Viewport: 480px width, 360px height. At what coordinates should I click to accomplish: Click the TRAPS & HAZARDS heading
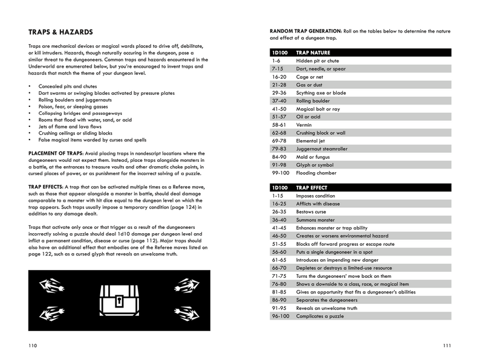pyautogui.click(x=60, y=31)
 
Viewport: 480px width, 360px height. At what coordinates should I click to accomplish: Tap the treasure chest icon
pyautogui.click(x=120, y=300)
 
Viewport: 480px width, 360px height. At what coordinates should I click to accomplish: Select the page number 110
pyautogui.click(x=33, y=345)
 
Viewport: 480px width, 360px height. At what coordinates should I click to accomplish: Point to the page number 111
pyautogui.click(x=447, y=345)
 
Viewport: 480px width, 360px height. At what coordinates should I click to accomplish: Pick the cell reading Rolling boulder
pyautogui.click(x=313, y=101)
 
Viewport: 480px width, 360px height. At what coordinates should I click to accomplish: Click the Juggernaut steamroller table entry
pyautogui.click(x=322, y=149)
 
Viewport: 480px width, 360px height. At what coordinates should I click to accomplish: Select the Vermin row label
pyautogui.click(x=305, y=124)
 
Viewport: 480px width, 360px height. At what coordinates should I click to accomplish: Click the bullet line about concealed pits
pyautogui.click(x=67, y=86)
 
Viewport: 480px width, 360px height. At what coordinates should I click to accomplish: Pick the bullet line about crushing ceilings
pyautogui.click(x=75, y=133)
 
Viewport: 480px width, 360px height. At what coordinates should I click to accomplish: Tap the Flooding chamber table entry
pyautogui.click(x=317, y=172)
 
